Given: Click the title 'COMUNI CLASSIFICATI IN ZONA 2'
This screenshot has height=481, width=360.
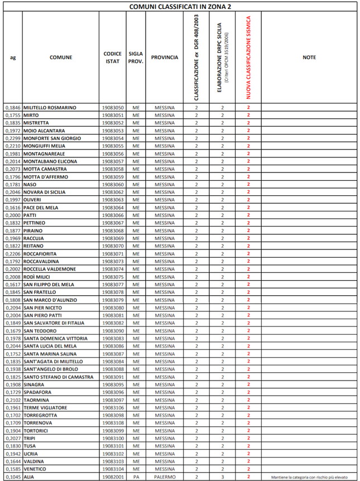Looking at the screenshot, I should point(180,6).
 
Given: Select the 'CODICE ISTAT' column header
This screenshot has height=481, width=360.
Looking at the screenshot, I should point(113,57).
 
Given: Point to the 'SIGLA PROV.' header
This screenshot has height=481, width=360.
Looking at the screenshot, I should point(136,57).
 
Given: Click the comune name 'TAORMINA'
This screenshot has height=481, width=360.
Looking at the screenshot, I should point(36,400).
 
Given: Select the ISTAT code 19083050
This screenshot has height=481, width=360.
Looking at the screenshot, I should point(113,107).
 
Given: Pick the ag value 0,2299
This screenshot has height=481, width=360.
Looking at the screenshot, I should point(12,138).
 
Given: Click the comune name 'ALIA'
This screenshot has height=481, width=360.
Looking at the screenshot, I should point(29,477).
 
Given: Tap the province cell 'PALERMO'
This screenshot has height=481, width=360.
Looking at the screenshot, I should point(165,477).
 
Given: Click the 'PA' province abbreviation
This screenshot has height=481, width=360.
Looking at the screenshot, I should point(136,477).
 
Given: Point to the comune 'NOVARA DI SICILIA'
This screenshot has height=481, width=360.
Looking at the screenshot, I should point(45,192).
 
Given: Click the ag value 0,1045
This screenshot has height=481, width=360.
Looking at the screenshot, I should point(12,477).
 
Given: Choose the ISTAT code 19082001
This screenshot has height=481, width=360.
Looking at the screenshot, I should point(113,477).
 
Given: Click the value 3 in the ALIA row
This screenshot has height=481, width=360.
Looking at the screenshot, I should point(222,477).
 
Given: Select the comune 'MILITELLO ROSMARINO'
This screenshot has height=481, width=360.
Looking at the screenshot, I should point(50,107).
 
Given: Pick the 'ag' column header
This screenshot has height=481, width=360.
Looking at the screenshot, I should point(12,57).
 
